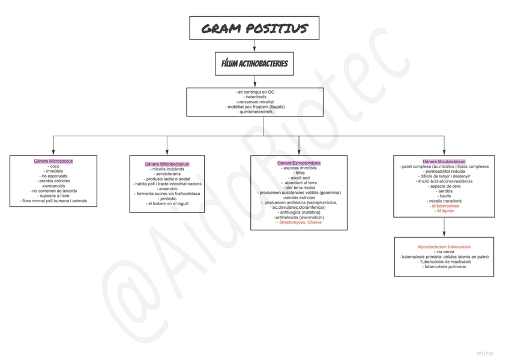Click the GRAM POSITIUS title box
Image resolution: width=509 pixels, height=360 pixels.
(254, 29)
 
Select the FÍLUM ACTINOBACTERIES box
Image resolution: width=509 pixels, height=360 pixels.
(254, 64)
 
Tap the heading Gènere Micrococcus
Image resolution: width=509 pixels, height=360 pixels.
(53, 161)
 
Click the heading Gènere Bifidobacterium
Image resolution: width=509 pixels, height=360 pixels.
(167, 164)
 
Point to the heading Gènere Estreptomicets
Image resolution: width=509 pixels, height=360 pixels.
(299, 163)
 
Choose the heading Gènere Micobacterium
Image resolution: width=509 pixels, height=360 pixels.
(444, 161)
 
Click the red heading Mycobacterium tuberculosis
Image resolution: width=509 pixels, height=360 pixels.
(444, 247)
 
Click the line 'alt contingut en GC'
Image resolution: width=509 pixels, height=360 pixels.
(254, 92)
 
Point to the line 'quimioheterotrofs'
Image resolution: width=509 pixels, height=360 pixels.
(254, 112)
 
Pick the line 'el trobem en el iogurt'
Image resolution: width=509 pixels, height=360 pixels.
(167, 204)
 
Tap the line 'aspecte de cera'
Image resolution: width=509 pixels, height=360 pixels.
(444, 186)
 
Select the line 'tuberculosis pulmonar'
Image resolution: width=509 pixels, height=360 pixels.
(444, 267)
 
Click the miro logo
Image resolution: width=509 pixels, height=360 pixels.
(485, 353)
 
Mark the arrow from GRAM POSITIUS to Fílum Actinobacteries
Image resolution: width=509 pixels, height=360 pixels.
(254, 46)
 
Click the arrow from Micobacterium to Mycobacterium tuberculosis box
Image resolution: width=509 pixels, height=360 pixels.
(444, 227)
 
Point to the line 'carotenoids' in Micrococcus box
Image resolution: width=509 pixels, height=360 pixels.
(53, 186)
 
